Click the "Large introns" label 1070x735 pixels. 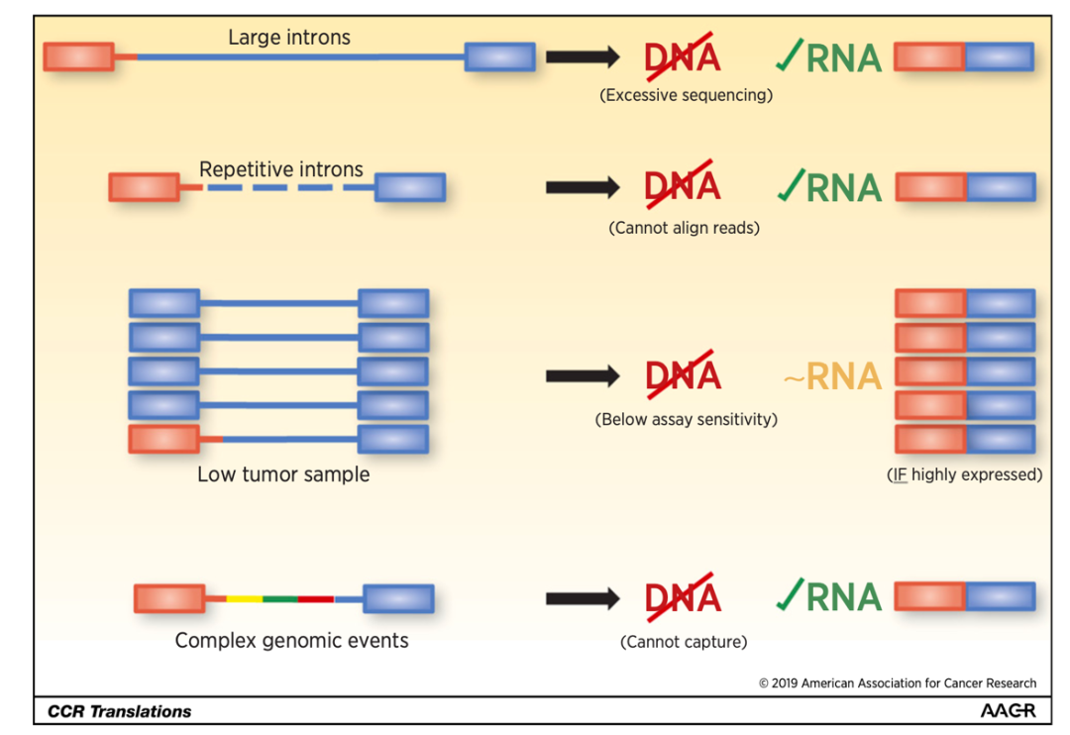coord(288,38)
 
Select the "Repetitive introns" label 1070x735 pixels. coord(281,169)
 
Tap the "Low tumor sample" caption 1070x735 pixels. coord(283,474)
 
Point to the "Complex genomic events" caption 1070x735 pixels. coord(291,640)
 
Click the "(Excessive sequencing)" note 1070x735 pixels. coord(686,95)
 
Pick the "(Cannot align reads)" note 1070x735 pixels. coord(684,228)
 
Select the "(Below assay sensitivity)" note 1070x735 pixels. coord(686,419)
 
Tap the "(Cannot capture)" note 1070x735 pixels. coord(684,642)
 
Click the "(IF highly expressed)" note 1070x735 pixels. coord(964,474)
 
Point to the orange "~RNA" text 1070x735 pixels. coord(832,376)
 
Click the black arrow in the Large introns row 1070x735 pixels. coord(583,56)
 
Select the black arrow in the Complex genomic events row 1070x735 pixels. coord(583,598)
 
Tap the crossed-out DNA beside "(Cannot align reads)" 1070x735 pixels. coord(683,186)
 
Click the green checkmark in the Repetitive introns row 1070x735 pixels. coord(790,184)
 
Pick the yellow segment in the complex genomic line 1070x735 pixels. coord(245,599)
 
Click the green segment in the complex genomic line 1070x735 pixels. coord(280,599)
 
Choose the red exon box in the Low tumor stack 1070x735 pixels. coord(163,439)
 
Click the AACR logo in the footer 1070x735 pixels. coord(1008,711)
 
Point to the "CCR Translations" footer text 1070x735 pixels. coord(120,711)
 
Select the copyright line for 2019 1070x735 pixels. coord(898,682)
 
